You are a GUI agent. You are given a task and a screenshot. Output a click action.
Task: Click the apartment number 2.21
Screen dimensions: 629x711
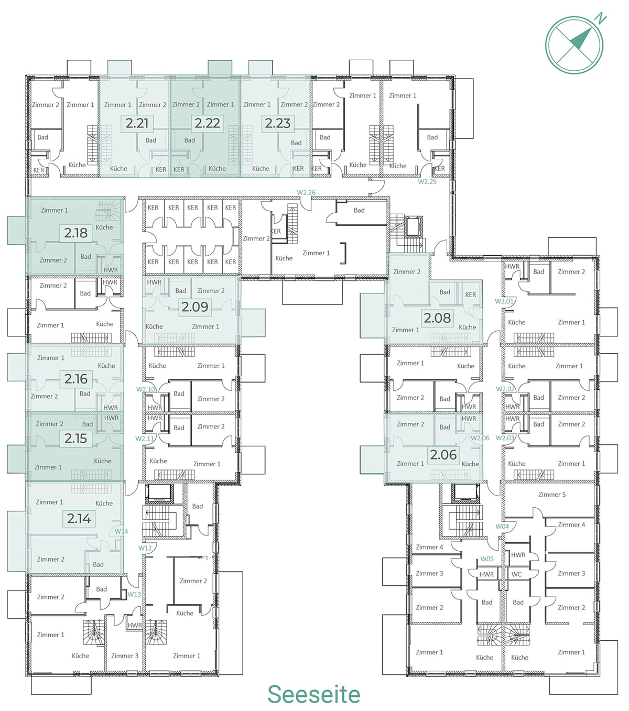point(137,123)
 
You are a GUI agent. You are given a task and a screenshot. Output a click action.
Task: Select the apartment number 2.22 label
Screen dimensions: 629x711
point(207,123)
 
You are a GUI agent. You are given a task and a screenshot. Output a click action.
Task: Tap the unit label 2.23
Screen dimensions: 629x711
point(277,123)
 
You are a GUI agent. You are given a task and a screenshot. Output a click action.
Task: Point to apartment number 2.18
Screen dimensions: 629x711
point(75,233)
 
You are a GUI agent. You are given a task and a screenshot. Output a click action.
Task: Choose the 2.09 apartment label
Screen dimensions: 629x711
point(195,307)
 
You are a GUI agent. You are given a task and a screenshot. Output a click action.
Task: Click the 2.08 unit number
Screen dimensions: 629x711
point(437,318)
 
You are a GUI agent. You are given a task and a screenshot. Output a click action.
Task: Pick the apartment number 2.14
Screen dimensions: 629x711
point(79,518)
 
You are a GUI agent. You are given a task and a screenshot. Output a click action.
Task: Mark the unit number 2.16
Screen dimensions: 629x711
point(76,379)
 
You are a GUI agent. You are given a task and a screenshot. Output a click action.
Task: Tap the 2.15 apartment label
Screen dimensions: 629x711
point(75,439)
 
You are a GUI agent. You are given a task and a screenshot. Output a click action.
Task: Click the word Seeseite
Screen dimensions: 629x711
point(314,694)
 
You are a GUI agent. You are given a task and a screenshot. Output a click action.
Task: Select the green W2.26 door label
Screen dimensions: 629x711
point(306,192)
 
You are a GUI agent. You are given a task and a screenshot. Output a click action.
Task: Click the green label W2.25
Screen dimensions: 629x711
point(427,181)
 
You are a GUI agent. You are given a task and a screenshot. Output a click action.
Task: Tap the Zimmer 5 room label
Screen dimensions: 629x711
point(552,495)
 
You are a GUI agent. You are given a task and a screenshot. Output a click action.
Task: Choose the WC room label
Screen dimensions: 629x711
point(516,574)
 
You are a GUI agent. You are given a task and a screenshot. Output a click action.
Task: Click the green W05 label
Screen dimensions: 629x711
point(487,559)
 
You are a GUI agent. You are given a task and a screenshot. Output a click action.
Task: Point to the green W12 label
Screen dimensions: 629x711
point(145,548)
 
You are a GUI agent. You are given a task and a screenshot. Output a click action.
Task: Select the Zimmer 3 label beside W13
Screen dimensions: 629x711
point(125,655)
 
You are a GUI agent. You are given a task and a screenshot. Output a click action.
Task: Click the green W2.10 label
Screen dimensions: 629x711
point(146,389)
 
